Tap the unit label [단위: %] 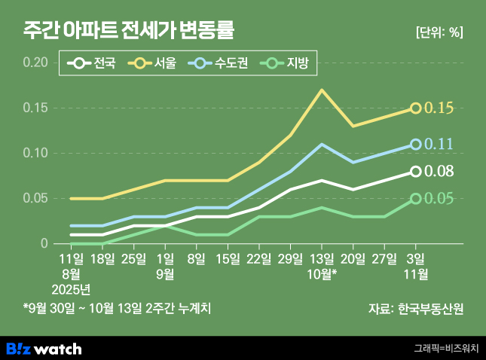pos(439,32)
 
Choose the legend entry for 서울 pos(155,64)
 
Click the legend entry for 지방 pos(288,64)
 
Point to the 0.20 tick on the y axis pos(35,63)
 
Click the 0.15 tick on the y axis pos(35,108)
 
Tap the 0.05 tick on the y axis pos(35,198)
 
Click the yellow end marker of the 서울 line pos(415,108)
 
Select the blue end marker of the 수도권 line pos(415,144)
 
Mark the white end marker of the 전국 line pos(415,172)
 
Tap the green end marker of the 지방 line pos(415,199)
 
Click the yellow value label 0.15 pos(439,108)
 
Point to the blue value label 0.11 pos(439,144)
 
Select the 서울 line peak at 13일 pos(322,90)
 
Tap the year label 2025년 pos(71,288)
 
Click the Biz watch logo pos(44,349)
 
